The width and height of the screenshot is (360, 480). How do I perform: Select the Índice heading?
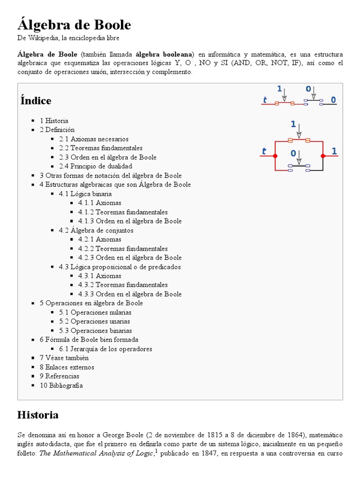(x=36, y=101)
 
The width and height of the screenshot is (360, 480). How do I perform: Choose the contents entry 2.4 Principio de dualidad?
(x=96, y=166)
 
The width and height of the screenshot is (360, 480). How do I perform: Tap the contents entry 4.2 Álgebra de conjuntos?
(x=96, y=230)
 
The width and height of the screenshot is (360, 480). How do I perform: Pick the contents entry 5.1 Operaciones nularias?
(x=95, y=312)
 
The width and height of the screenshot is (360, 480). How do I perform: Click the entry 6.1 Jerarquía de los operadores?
(x=105, y=349)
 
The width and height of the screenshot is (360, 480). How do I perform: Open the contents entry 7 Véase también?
(x=64, y=358)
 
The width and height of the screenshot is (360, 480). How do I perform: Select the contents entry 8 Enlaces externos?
(x=67, y=367)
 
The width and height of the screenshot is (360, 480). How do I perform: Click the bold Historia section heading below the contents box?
(x=37, y=415)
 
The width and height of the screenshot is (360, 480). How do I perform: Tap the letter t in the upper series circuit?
(x=265, y=100)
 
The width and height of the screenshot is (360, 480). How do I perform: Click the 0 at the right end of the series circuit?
(x=333, y=100)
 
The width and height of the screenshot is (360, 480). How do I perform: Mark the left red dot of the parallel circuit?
(x=275, y=156)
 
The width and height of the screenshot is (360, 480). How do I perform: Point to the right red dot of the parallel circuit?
(x=323, y=156)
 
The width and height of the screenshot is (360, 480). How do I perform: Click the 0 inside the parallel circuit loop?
(x=293, y=153)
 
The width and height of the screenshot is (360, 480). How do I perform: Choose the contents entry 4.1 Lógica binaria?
(x=85, y=194)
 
